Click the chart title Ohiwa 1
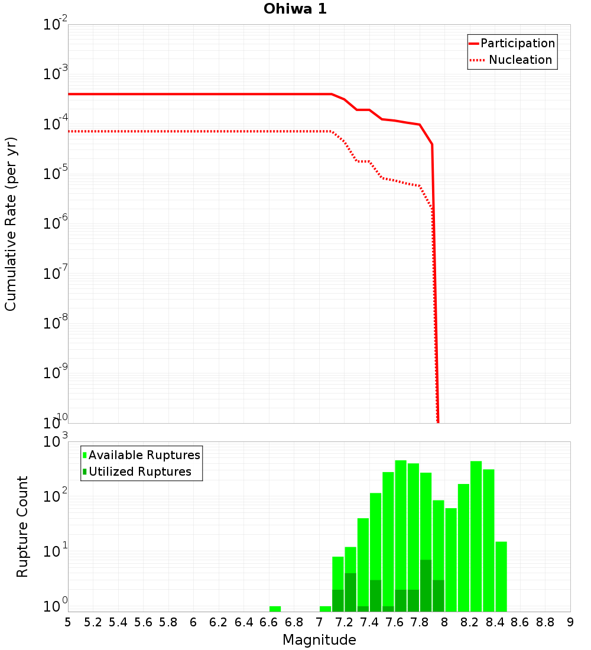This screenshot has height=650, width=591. (x=295, y=9)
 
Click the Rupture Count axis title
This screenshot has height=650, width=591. (x=22, y=526)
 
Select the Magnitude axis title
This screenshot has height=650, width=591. (x=319, y=640)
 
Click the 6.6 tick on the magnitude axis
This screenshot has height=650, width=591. (x=268, y=622)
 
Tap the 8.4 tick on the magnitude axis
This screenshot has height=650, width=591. (x=495, y=622)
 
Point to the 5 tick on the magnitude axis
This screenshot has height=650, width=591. (x=68, y=622)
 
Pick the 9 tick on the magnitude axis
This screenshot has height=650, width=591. (x=570, y=622)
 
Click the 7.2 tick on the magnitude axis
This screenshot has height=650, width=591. (x=344, y=622)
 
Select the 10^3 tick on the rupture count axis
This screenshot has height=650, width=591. (x=56, y=442)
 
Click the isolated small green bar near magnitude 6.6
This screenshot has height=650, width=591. (x=275, y=609)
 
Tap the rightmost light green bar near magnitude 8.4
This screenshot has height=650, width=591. (x=501, y=576)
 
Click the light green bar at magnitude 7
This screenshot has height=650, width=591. (x=325, y=609)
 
